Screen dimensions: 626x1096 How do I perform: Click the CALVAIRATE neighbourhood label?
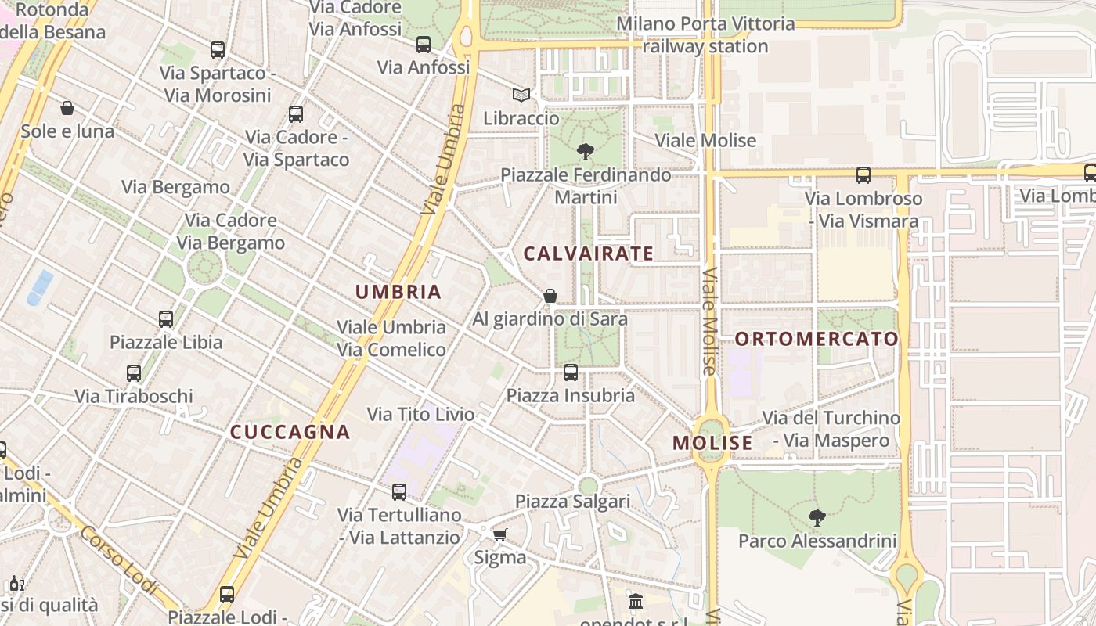tap(588, 254)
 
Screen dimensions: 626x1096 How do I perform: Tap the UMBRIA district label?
tap(398, 293)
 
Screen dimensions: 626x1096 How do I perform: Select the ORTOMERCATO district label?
tap(817, 339)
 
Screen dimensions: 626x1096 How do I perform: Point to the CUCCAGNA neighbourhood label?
tap(290, 432)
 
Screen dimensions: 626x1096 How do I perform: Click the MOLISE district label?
tap(712, 443)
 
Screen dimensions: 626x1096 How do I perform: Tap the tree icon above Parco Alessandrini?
tap(817, 517)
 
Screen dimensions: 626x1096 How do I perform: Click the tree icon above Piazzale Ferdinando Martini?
tap(585, 151)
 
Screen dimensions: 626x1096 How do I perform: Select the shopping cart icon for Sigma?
tap(499, 534)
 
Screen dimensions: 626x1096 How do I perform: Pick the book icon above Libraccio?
tap(521, 95)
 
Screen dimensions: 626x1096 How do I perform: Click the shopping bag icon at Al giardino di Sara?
tap(550, 296)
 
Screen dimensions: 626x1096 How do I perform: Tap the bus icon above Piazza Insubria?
tap(570, 372)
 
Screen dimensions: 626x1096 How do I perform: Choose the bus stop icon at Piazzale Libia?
tap(165, 319)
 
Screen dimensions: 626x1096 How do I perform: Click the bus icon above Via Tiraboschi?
tap(134, 373)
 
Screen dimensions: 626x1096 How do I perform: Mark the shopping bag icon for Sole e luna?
tap(67, 108)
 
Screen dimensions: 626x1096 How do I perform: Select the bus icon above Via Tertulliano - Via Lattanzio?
tap(398, 492)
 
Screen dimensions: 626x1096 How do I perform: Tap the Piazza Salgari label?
tap(572, 502)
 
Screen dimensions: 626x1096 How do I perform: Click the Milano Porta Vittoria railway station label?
tap(705, 35)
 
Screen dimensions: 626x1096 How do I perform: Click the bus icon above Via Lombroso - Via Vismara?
tap(863, 175)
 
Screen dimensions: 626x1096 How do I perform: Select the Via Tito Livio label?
tap(420, 414)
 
